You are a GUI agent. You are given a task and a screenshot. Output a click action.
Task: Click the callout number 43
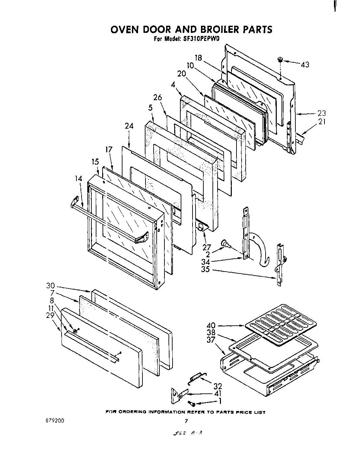(x=305, y=64)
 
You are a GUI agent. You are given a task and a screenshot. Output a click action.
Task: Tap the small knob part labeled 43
(x=280, y=60)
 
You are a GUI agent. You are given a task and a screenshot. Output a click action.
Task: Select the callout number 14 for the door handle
(x=79, y=179)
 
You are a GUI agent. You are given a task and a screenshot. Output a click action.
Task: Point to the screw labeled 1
(x=192, y=403)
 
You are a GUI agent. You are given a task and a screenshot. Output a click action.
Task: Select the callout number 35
(x=205, y=269)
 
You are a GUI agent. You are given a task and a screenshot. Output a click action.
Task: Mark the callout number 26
(x=158, y=98)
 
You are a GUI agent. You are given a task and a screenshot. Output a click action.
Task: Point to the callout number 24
(x=129, y=126)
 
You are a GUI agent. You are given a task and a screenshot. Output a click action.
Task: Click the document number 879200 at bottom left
(x=54, y=421)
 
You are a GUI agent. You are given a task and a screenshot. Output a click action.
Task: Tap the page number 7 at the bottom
(x=186, y=422)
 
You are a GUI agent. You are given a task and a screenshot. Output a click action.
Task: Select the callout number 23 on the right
(x=321, y=113)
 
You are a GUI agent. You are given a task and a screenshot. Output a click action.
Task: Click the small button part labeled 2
(x=224, y=243)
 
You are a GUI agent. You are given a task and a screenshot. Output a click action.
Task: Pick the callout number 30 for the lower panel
(x=50, y=285)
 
